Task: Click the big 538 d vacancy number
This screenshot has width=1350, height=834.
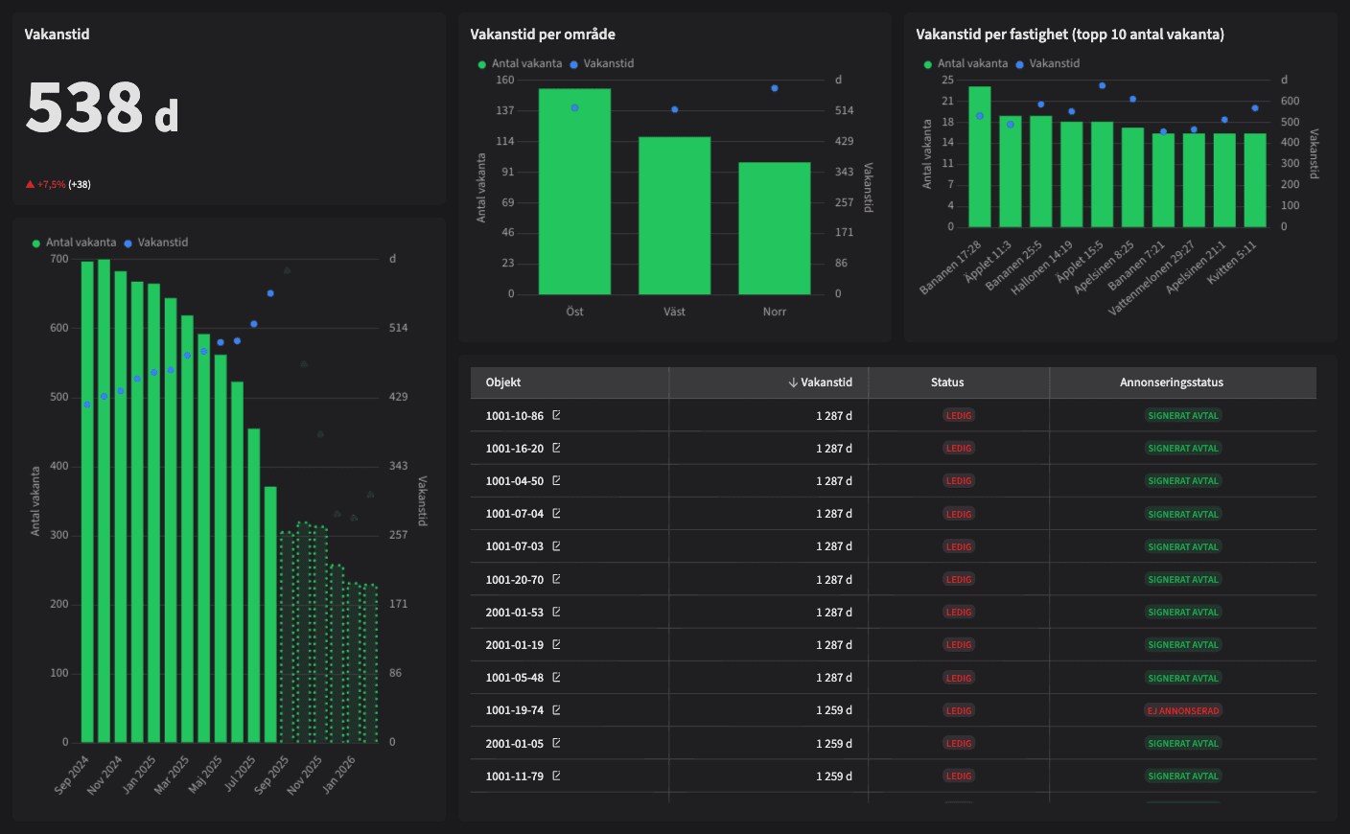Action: click(x=101, y=107)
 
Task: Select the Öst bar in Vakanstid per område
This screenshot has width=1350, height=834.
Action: click(x=574, y=192)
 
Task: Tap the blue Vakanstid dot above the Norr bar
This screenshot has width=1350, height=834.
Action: click(x=775, y=88)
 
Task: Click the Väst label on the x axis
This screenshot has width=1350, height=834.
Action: click(x=674, y=312)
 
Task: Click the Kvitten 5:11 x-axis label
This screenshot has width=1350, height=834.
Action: click(x=1233, y=261)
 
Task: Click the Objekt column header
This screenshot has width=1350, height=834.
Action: click(x=503, y=382)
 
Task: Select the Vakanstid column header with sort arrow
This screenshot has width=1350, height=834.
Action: click(x=821, y=382)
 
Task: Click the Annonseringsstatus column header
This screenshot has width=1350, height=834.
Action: click(x=1171, y=382)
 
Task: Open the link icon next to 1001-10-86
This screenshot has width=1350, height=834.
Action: click(x=556, y=415)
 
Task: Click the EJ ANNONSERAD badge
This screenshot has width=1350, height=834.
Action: click(x=1183, y=710)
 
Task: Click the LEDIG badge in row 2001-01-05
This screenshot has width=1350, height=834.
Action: click(x=959, y=743)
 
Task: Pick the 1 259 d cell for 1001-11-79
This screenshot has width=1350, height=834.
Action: click(x=833, y=776)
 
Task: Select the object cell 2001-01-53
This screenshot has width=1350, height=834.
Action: click(x=515, y=613)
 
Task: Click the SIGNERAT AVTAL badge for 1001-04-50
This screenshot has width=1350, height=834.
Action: click(x=1183, y=481)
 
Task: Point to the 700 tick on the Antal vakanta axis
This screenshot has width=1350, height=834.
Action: click(x=59, y=259)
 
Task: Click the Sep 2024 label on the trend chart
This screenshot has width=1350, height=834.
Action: click(x=71, y=775)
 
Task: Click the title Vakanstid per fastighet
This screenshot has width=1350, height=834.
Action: click(x=1069, y=35)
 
